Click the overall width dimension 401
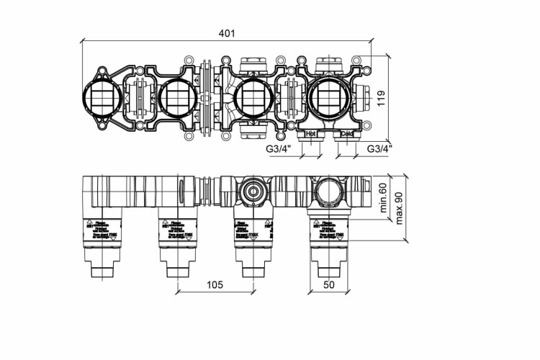pyautogui.click(x=228, y=33)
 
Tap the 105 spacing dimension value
pyautogui.click(x=214, y=284)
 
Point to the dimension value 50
pyautogui.click(x=329, y=284)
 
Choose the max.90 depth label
pyautogui.click(x=397, y=202)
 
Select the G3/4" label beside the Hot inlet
pyautogui.click(x=277, y=148)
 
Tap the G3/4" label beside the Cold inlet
pyautogui.click(x=379, y=148)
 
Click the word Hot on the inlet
pyautogui.click(x=311, y=134)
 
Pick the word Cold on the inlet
pyautogui.click(x=347, y=134)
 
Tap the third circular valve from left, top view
pyautogui.click(x=252, y=97)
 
